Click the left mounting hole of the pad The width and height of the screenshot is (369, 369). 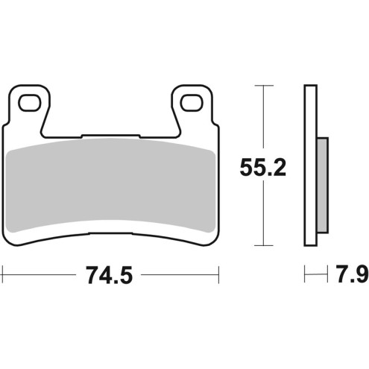click(29, 103)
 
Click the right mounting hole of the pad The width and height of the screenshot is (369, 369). click(189, 103)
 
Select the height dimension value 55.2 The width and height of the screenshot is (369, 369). click(262, 168)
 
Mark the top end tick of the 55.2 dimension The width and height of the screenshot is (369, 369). click(262, 86)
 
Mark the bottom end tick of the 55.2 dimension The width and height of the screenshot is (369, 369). click(262, 245)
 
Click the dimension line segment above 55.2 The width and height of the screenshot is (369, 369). click(262, 119)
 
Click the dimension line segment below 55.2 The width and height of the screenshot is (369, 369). click(262, 216)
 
